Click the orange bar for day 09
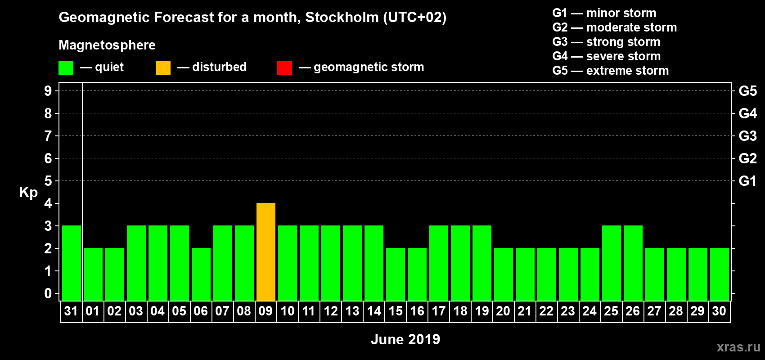point(266,252)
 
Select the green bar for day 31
point(72,263)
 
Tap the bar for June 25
point(612,263)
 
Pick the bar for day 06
point(201,274)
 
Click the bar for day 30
point(720,274)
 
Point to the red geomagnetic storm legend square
point(284,68)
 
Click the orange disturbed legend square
point(163,68)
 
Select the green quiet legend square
point(66,68)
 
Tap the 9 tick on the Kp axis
point(48,91)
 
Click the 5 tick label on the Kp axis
point(48,181)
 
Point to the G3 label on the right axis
point(747,136)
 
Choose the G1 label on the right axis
point(747,181)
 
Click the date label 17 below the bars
point(439,311)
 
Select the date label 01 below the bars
point(93,311)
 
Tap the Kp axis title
point(28,193)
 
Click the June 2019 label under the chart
point(405,339)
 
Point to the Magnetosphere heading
point(107,45)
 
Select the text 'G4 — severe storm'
point(606,56)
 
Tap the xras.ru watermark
point(738,347)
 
